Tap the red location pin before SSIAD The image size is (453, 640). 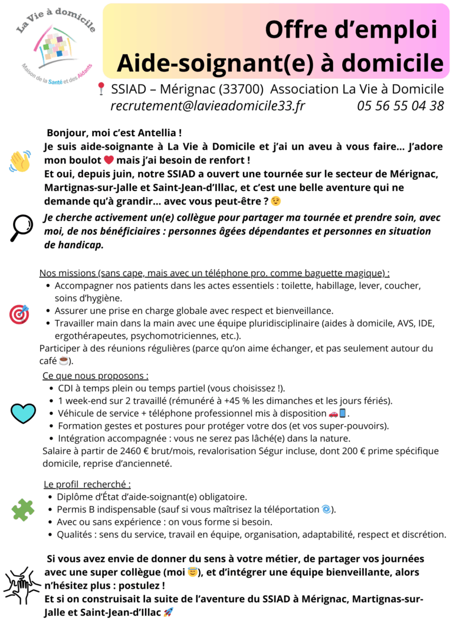tap(101, 89)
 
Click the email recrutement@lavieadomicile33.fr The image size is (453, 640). tap(208, 106)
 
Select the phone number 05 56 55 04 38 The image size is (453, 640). tap(401, 106)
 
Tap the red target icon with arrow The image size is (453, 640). tap(19, 314)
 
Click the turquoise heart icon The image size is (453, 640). tap(23, 413)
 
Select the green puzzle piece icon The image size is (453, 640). tap(22, 510)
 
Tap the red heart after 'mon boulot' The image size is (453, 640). tap(109, 160)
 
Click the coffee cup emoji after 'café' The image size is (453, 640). tap(64, 361)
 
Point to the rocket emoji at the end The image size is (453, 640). tap(168, 612)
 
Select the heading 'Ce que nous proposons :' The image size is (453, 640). tap(96, 375)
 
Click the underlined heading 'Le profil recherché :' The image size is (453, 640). tap(87, 484)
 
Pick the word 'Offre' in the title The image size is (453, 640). tap(296, 29)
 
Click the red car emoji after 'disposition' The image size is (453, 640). tap(333, 414)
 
